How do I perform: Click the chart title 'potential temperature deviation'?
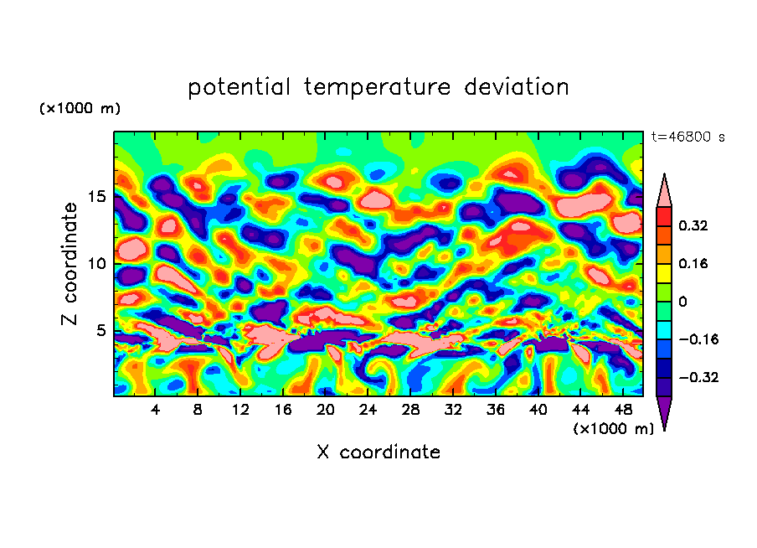click(x=378, y=87)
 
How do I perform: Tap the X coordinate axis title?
click(x=378, y=452)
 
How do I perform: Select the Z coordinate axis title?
click(x=70, y=264)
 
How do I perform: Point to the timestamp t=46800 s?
click(x=688, y=137)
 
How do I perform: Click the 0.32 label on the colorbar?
click(x=694, y=225)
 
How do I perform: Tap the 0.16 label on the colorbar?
click(x=694, y=263)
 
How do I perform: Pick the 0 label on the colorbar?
click(x=682, y=302)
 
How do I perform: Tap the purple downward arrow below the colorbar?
click(x=664, y=412)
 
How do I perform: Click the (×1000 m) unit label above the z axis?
click(x=80, y=109)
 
